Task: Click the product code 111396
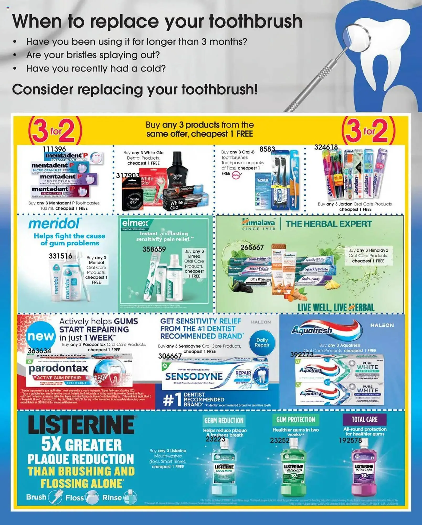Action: [54, 149]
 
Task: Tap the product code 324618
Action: [326, 147]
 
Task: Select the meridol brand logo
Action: [54, 224]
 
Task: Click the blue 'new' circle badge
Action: [41, 336]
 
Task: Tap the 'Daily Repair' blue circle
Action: [262, 343]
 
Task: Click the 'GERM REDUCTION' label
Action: [224, 421]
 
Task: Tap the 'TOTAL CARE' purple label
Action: [365, 419]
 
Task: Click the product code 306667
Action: [170, 356]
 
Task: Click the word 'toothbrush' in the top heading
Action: [256, 21]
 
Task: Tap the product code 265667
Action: [252, 248]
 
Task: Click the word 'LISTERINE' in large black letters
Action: [81, 425]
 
